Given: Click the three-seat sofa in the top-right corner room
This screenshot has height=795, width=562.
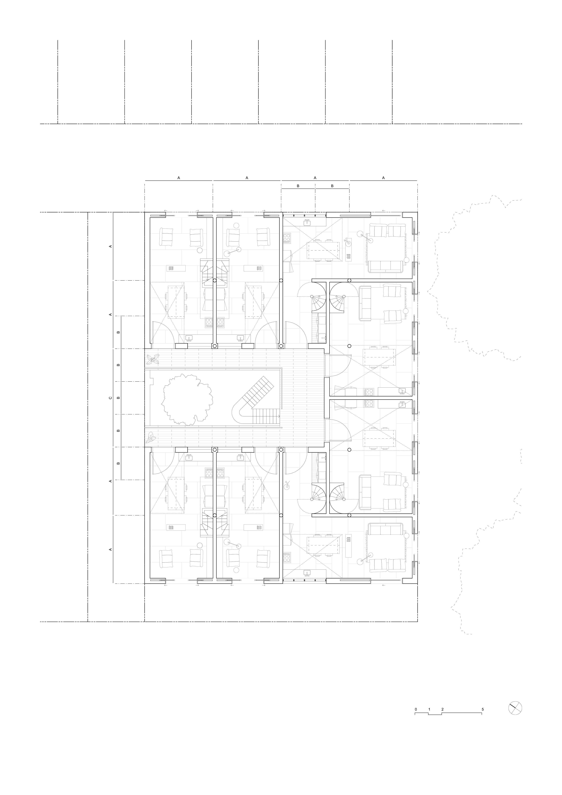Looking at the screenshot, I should [x=385, y=267].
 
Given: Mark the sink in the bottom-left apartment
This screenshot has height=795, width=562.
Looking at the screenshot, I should [x=189, y=458].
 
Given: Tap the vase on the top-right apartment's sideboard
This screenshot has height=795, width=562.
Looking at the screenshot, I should [x=348, y=243].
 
